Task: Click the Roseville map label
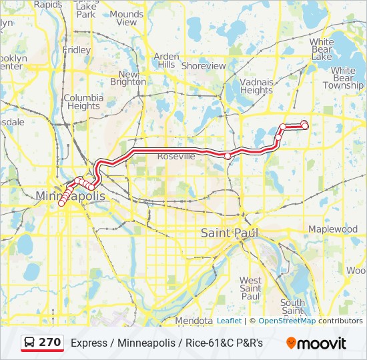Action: coord(176,156)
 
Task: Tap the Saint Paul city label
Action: coord(230,233)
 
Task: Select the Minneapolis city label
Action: coord(70,196)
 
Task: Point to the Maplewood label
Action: coord(332,229)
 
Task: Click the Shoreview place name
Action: coord(204,66)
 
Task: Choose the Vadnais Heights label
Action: coord(256,86)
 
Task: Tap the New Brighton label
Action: coord(128,78)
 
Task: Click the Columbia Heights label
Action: coord(83,101)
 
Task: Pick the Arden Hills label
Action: coord(165,61)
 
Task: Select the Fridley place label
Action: coord(76,50)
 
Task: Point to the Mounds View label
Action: coord(126,18)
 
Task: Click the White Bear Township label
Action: coord(343,78)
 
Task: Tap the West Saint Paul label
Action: coord(250,288)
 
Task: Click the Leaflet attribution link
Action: coord(229,321)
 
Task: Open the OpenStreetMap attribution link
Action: coord(287,321)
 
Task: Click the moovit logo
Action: coord(316,343)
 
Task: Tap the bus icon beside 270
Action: coord(30,343)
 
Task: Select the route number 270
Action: coord(50,343)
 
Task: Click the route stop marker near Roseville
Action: coord(228,156)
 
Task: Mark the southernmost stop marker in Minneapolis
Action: coord(61,204)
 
